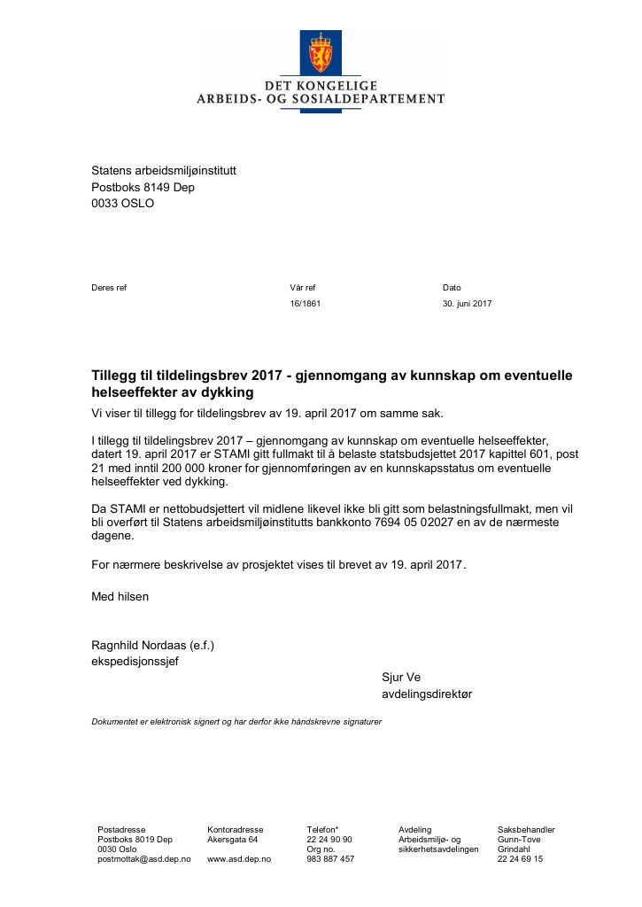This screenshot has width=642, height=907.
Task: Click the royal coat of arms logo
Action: click(320, 52)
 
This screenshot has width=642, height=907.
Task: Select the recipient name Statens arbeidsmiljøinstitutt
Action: click(164, 170)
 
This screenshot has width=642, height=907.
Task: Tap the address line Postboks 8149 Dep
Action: click(143, 187)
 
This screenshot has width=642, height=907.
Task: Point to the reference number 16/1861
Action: click(305, 304)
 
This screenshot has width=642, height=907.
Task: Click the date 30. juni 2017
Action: click(467, 304)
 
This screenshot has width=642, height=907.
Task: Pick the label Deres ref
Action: click(109, 288)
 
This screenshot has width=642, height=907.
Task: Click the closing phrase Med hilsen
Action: click(120, 596)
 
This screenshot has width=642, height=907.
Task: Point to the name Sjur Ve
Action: click(401, 678)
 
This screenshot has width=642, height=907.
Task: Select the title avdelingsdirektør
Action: click(427, 694)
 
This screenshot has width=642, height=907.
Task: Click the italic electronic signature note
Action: click(236, 722)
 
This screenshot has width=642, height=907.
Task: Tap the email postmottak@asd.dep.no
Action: click(144, 859)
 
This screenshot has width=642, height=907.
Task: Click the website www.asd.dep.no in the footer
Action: click(239, 859)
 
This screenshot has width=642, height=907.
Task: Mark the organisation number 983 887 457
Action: click(330, 859)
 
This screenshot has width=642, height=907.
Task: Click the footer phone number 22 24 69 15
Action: click(520, 859)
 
